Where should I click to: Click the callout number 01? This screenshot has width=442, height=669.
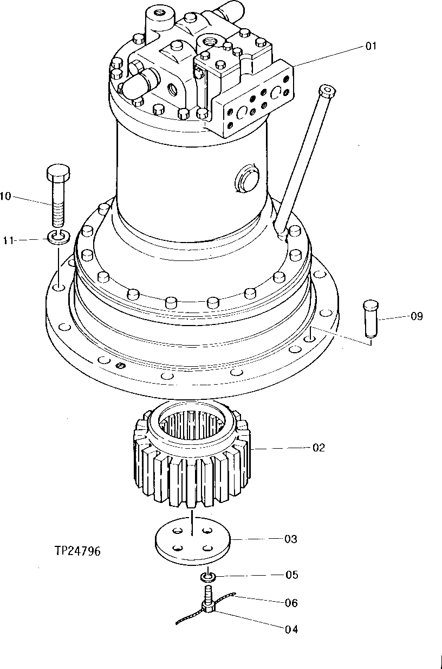(x=370, y=47)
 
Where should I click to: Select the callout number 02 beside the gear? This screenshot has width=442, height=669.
(x=318, y=448)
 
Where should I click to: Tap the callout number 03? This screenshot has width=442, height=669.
(x=291, y=539)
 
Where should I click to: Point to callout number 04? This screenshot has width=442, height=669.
(x=291, y=629)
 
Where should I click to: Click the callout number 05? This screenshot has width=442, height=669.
(x=291, y=575)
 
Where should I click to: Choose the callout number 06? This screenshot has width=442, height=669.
(x=291, y=603)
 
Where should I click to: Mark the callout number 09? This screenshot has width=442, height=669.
(x=417, y=316)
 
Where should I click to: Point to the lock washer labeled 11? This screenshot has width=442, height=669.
(x=57, y=237)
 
